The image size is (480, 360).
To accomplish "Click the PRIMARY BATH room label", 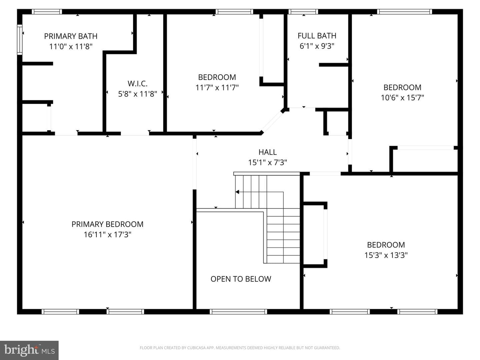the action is point(71,36).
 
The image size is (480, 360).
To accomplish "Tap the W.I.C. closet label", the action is point(138,83).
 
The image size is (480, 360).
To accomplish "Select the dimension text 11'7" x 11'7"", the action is point(217,88).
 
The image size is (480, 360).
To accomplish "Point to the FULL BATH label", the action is point(317,36).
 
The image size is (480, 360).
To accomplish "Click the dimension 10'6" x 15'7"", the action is point(402,98).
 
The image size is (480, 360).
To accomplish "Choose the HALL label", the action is point(267,152).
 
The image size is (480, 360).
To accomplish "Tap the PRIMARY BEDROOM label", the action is point(107,224).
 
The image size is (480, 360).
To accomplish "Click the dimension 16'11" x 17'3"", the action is point(107,235).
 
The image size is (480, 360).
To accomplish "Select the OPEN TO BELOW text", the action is point(241,279).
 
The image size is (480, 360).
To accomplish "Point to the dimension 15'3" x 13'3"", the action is point(386,255).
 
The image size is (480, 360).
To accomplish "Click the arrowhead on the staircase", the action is point(237,192).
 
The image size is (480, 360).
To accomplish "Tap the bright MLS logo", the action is point(29,350).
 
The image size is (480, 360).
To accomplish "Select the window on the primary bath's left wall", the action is point(20,40).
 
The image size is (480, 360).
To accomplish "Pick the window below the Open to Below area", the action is point(238,312).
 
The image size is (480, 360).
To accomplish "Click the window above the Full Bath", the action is point(303,12).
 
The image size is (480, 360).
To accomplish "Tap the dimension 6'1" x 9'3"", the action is point(317,46).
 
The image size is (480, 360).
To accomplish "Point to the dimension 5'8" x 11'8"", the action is point(138,94).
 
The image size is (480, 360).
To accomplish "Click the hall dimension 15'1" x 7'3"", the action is point(267,163).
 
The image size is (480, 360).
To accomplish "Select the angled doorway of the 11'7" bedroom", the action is point(272,122).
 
